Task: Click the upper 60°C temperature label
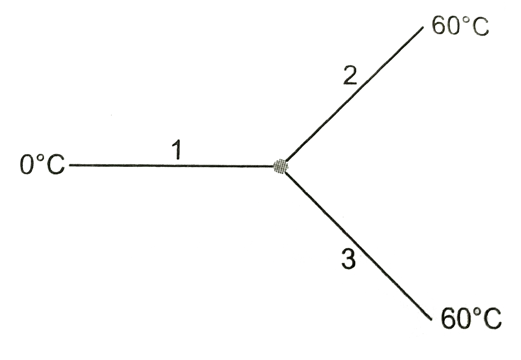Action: pos(460,24)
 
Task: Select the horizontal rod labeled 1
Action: pos(171,166)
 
